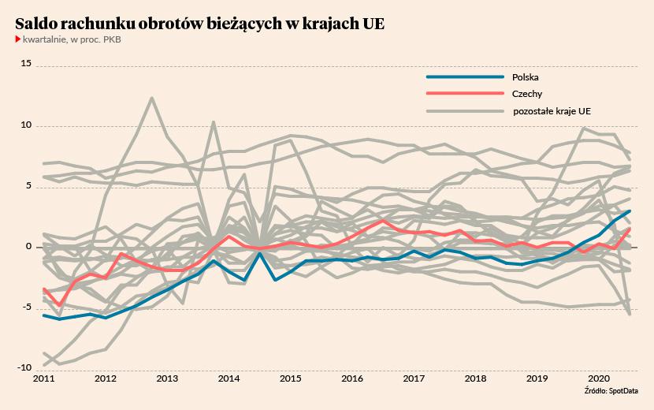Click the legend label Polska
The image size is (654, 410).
coord(525,77)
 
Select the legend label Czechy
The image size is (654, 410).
coord(526,94)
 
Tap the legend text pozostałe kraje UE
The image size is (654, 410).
coord(552,111)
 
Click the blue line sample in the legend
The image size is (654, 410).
coord(464,77)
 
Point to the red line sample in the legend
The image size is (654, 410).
coord(464,94)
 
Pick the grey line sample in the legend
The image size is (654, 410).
coord(464,111)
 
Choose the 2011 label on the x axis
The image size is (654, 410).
coord(43,379)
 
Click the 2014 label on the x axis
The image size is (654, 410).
coord(229,379)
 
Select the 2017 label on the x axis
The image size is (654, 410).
coord(414,379)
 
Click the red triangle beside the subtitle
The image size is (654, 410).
coord(18,39)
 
